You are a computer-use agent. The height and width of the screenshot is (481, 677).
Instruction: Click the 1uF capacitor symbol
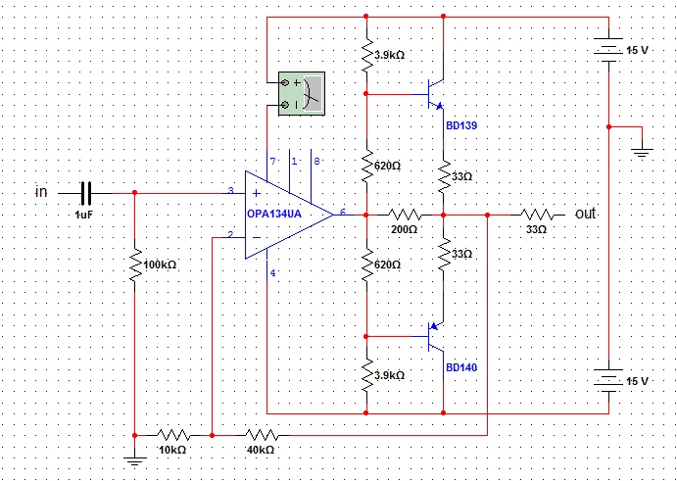point(85,193)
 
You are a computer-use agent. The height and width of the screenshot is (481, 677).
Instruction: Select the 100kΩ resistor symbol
point(134,264)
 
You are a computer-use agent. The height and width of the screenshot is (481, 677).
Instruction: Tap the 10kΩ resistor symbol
point(173,433)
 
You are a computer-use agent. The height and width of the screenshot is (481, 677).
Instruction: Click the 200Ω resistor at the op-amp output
point(404,214)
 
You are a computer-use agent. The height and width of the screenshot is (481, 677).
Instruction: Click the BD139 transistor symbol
point(435,94)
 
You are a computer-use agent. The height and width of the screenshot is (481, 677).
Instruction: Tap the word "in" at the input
point(41,192)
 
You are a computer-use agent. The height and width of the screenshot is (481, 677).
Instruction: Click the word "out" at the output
point(586,213)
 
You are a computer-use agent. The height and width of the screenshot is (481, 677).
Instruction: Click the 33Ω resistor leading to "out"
point(536,214)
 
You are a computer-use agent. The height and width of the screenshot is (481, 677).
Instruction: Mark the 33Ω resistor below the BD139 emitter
point(443,177)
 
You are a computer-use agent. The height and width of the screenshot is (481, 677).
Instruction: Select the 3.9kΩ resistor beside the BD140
point(365,374)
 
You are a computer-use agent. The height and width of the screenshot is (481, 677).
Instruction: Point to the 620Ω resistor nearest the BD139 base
point(365,165)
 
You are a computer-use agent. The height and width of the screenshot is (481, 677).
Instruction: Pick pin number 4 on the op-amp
point(273,272)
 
